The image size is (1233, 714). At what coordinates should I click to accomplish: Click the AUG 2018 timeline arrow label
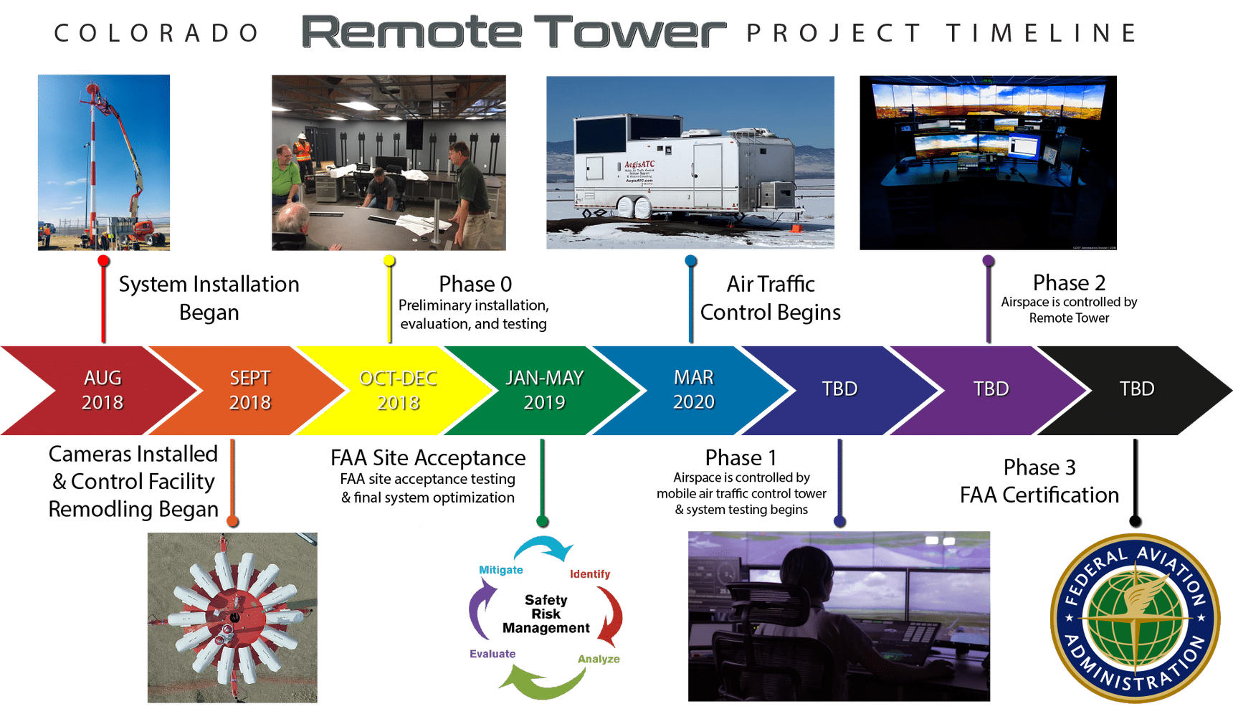pyautogui.click(x=103, y=390)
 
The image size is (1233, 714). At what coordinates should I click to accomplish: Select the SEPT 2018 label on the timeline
pyautogui.click(x=249, y=390)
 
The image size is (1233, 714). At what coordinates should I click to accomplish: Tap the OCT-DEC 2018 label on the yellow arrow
pyautogui.click(x=398, y=390)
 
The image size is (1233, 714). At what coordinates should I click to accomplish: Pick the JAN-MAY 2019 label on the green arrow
pyautogui.click(x=545, y=390)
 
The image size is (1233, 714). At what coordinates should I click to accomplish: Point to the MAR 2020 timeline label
pyautogui.click(x=694, y=389)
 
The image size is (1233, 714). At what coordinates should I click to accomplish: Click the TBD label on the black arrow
pyautogui.click(x=1137, y=389)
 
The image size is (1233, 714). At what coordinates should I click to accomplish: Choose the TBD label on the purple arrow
pyautogui.click(x=991, y=389)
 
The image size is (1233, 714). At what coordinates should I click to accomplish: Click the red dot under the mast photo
pyautogui.click(x=103, y=260)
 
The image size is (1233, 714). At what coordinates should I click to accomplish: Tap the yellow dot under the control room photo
pyautogui.click(x=389, y=260)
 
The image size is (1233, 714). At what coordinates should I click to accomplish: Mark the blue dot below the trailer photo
pyautogui.click(x=690, y=260)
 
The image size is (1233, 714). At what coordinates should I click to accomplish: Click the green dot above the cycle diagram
pyautogui.click(x=543, y=520)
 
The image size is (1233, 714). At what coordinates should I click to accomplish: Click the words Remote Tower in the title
pyautogui.click(x=513, y=32)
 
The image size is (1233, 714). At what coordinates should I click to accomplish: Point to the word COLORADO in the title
pyautogui.click(x=156, y=33)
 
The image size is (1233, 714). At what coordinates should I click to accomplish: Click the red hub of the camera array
pyautogui.click(x=234, y=617)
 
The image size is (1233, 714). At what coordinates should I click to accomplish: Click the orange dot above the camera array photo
pyautogui.click(x=232, y=520)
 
